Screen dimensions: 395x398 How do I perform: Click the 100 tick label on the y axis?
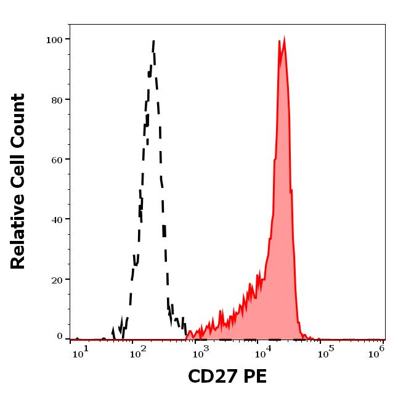[x=54, y=39]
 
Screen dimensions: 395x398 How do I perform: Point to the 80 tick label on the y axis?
[x=57, y=99]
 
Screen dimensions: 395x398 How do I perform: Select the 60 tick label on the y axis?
[x=57, y=159]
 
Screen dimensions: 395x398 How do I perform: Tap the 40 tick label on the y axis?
[x=57, y=219]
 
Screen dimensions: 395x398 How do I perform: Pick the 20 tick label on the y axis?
[x=57, y=279]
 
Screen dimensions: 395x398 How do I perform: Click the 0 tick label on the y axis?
[x=60, y=336]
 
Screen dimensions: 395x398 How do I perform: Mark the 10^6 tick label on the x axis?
[x=377, y=351]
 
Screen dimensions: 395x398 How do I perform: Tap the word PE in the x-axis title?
[x=255, y=377]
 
